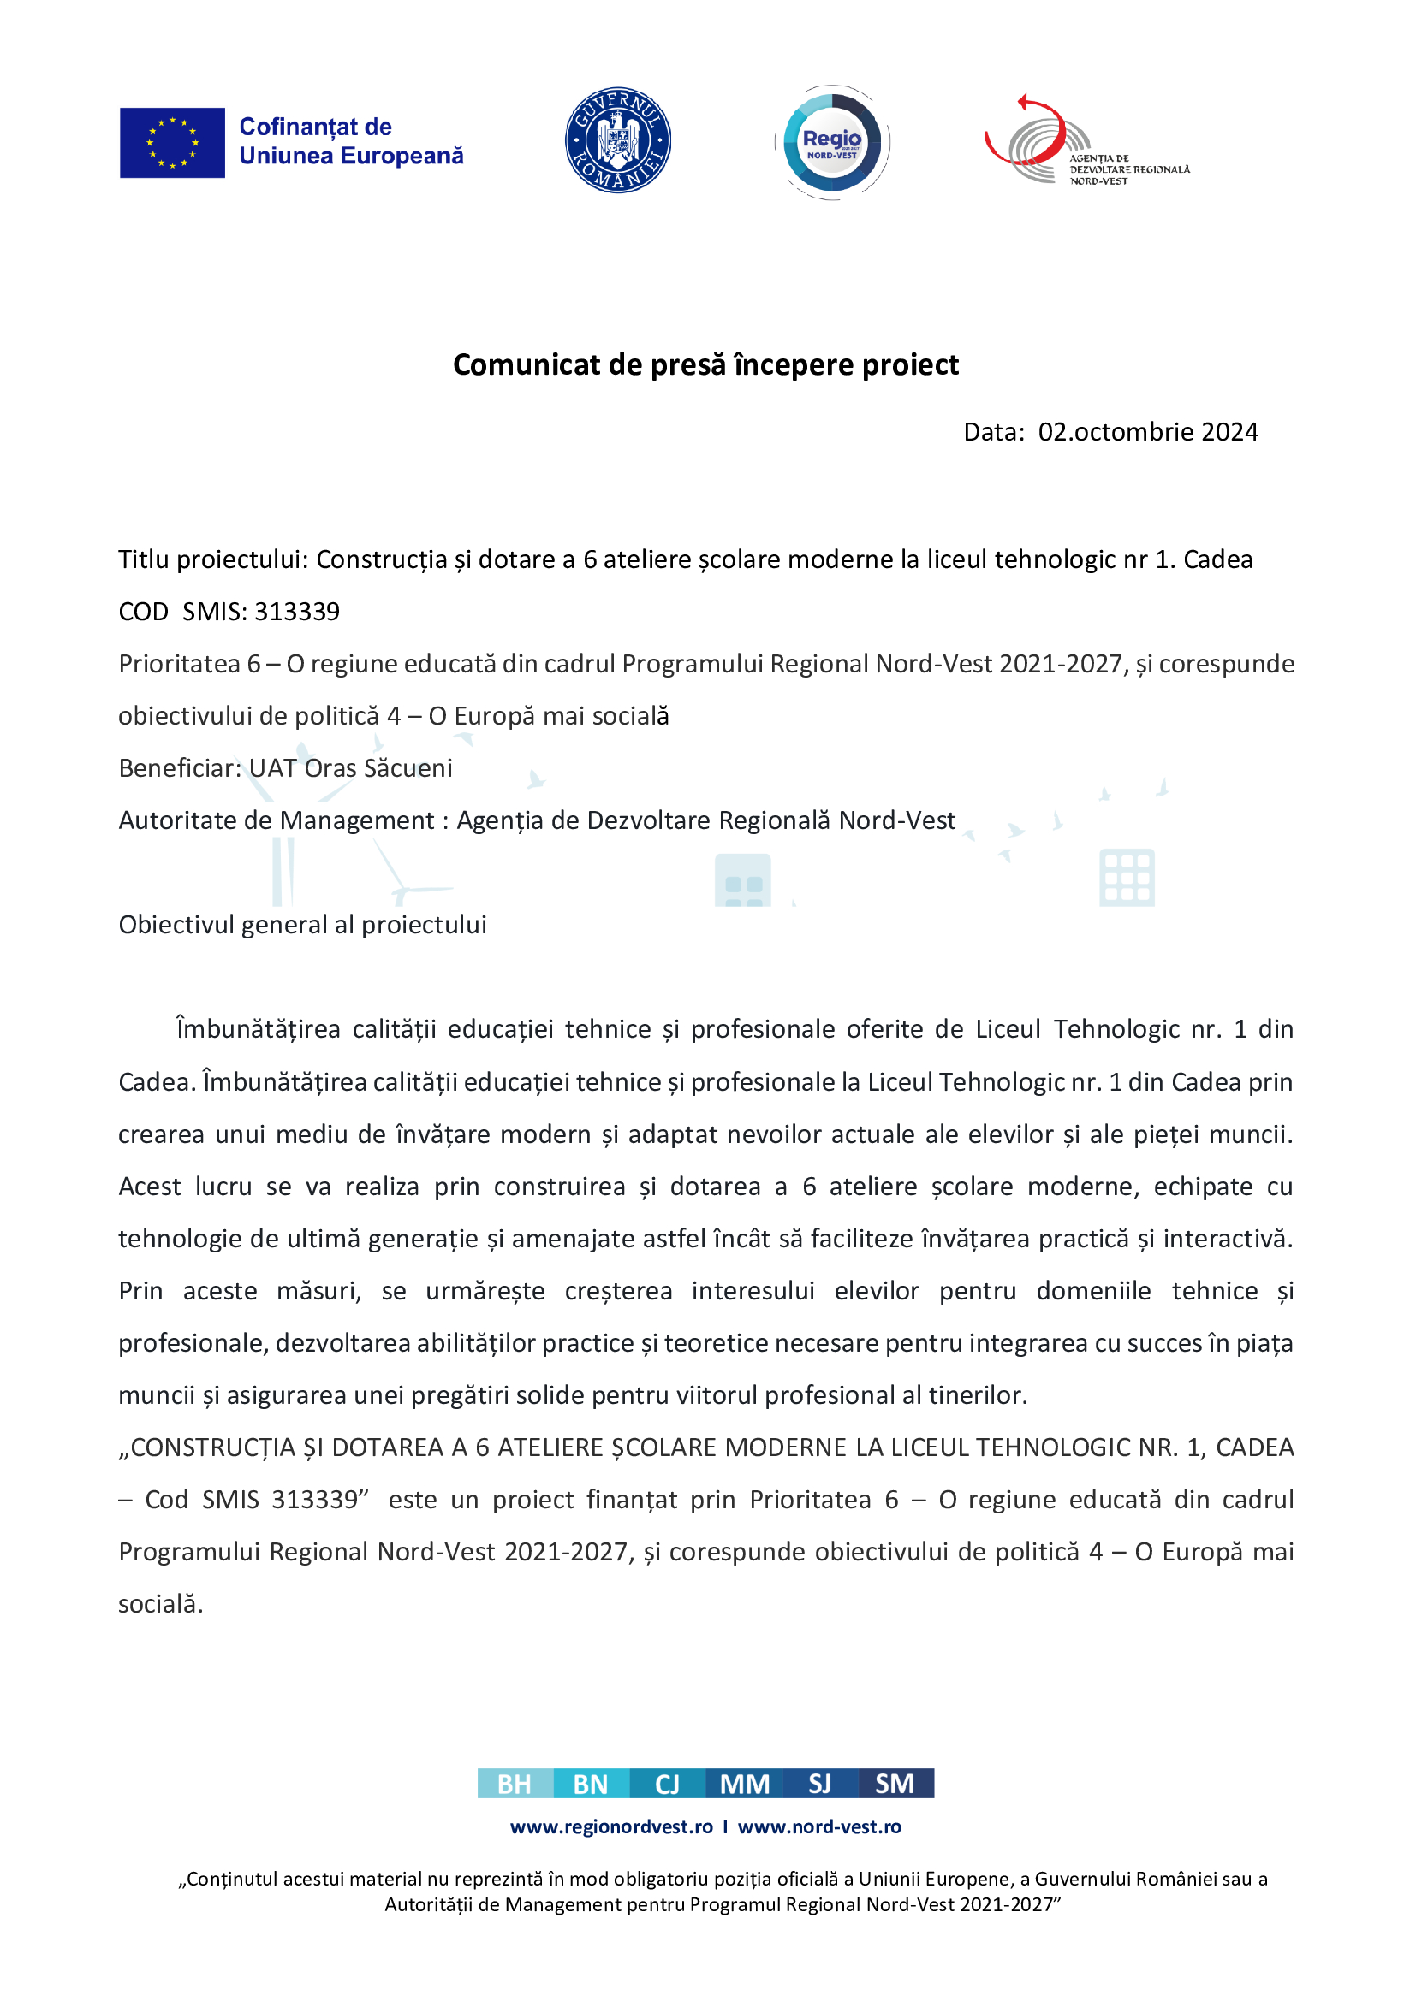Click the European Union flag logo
pos(172,143)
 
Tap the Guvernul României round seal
pos(617,140)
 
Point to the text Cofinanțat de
pos(315,127)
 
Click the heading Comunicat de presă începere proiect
pos(705,364)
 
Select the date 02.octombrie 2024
pos(1147,432)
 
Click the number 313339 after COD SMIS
pos(297,612)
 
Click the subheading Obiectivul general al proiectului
pos(302,925)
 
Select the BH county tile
pos(515,1784)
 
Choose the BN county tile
pos(591,1784)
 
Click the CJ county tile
pos(667,1784)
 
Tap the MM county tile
pos(744,1784)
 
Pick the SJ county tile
pos(819,1784)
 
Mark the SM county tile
pos(895,1784)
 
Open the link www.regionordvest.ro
pos(611,1826)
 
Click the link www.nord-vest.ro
pos(818,1826)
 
